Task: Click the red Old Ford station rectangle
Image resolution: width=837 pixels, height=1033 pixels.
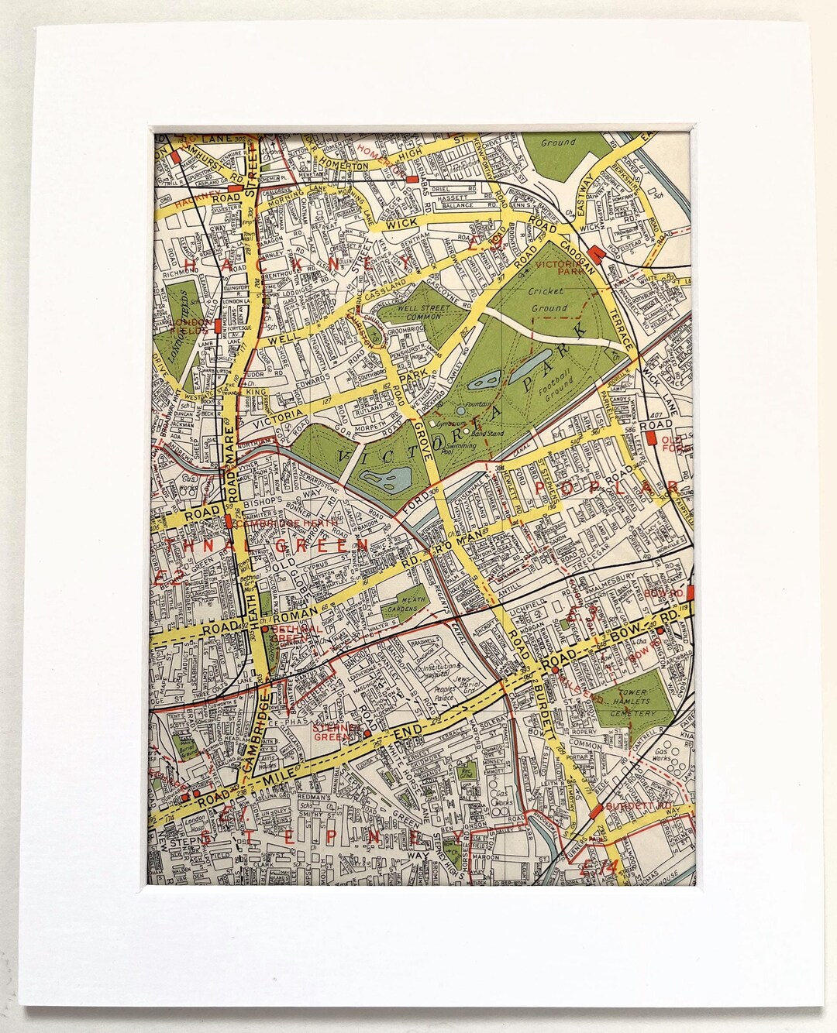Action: pos(653,439)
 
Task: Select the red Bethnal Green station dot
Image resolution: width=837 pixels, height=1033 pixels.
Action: pos(265,630)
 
